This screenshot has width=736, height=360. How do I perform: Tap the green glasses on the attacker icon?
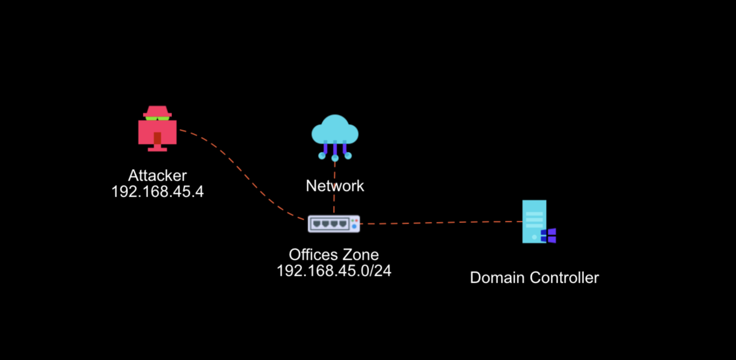(158, 118)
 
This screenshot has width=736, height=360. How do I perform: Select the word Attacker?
(157, 175)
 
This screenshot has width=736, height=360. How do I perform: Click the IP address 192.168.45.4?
(157, 191)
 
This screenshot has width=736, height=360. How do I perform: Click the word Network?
(335, 186)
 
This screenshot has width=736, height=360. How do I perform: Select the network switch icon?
(334, 224)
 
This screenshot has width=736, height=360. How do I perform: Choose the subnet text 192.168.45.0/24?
(334, 271)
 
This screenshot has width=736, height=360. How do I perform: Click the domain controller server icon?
(534, 221)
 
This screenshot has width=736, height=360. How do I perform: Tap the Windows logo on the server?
(549, 236)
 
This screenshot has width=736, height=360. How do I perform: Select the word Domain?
(498, 277)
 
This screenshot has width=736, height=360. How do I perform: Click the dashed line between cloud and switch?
(334, 189)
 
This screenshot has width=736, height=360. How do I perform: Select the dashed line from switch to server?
(441, 222)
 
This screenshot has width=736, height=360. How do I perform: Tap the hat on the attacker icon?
(158, 111)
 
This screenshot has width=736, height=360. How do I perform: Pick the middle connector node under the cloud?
(335, 157)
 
